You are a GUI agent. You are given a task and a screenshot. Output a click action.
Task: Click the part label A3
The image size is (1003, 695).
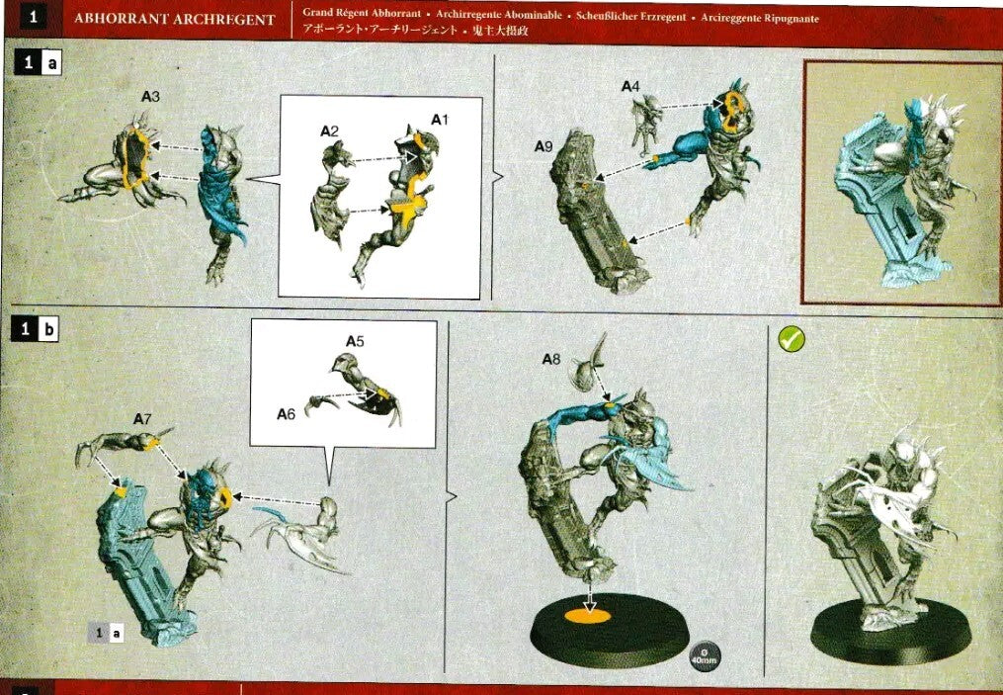click(150, 97)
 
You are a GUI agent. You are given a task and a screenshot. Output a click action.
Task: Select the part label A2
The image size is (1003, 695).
click(329, 130)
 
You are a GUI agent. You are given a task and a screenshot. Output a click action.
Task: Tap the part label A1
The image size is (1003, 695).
click(440, 119)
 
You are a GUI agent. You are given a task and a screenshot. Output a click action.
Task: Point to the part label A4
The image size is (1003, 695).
click(630, 87)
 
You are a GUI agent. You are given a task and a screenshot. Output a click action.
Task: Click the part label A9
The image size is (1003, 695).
click(543, 146)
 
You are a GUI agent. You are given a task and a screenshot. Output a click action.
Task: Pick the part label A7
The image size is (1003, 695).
click(141, 419)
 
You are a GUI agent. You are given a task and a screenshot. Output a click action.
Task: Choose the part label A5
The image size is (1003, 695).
click(355, 341)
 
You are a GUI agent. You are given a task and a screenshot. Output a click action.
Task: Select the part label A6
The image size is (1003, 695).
click(286, 413)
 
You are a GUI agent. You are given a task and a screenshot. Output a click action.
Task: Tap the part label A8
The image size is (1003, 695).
click(551, 360)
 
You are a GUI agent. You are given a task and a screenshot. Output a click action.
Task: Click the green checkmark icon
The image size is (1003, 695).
click(791, 339)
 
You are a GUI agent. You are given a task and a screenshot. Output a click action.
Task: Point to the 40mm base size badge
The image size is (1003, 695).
click(705, 655)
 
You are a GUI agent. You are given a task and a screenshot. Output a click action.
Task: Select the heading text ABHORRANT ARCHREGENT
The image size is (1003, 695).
click(175, 20)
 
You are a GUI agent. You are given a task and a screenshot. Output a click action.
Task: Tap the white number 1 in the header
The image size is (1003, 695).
click(33, 18)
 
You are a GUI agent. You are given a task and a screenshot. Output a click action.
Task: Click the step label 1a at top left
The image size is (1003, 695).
click(40, 63)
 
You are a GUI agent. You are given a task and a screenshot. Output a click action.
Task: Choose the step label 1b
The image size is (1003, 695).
click(36, 329)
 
